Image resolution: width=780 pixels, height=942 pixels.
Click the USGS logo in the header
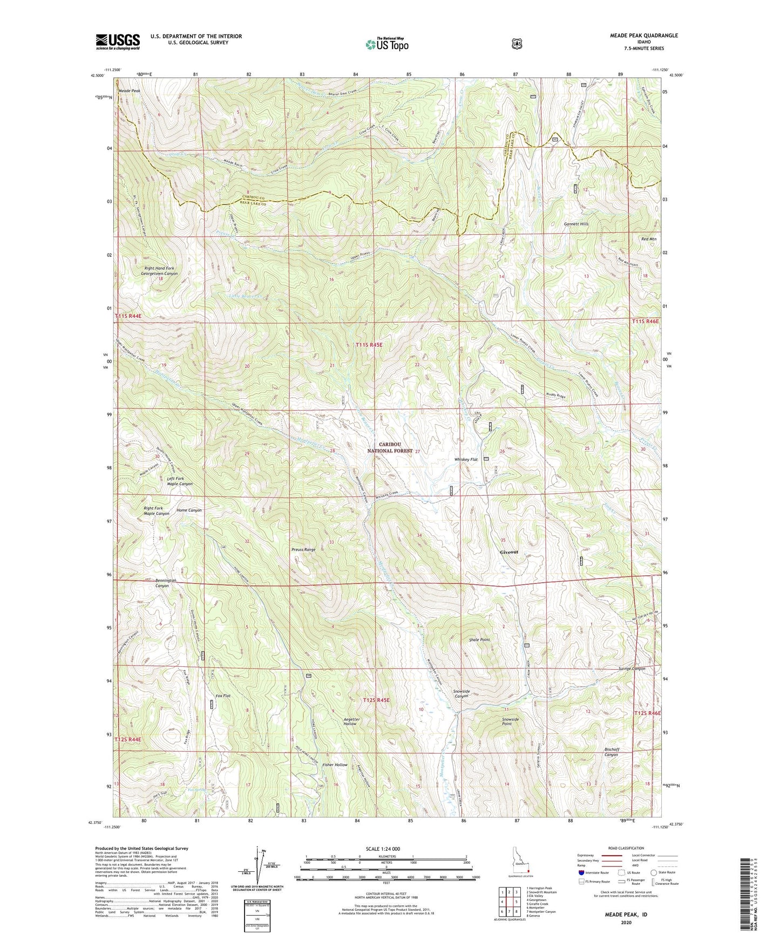coord(118,42)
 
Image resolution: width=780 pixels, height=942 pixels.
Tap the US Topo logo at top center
coord(386,44)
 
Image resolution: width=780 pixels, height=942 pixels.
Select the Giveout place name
coord(509,552)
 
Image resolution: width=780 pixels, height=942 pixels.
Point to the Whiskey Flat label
coord(466,460)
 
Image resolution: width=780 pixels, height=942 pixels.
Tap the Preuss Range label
coord(303,550)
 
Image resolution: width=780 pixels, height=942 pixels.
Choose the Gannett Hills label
coord(576,224)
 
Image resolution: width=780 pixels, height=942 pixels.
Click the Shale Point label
coord(479,640)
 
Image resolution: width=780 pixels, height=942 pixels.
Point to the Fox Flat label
coord(223,696)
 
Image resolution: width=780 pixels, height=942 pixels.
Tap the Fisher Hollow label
coord(335,765)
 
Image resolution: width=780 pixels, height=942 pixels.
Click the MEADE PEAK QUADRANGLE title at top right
coord(635,36)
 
